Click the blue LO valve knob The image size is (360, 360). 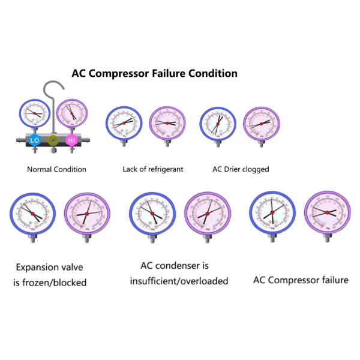(x=35, y=140)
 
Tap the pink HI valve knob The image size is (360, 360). (x=71, y=140)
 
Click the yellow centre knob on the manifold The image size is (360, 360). (x=53, y=140)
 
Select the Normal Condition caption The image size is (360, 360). (x=56, y=169)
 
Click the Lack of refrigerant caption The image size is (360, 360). (x=153, y=169)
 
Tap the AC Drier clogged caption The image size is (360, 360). (x=241, y=169)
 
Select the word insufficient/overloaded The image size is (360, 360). (x=179, y=281)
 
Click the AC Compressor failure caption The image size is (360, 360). (x=301, y=280)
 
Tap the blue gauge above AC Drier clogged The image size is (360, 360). (x=216, y=122)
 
